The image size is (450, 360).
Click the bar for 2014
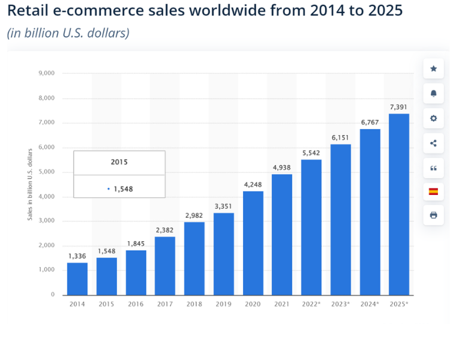point(77,278)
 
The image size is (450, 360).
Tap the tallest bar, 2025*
point(399,204)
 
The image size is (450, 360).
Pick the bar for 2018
point(194,258)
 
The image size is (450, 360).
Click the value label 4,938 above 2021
point(282,167)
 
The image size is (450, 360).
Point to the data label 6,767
point(370,122)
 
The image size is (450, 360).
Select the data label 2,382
point(165,230)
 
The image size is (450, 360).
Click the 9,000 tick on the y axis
point(46,73)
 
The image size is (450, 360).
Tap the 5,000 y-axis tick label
point(46,172)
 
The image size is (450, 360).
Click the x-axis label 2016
point(136,304)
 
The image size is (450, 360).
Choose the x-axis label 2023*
point(340,304)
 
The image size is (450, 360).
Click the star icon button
point(433,68)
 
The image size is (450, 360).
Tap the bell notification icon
point(433,93)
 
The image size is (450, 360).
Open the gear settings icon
point(433,118)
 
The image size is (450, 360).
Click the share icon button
point(433,143)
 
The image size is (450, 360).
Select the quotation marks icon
point(433,167)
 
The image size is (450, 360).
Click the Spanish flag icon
point(433,191)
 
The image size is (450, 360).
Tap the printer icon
point(433,215)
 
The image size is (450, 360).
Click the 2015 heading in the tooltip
point(119,162)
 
